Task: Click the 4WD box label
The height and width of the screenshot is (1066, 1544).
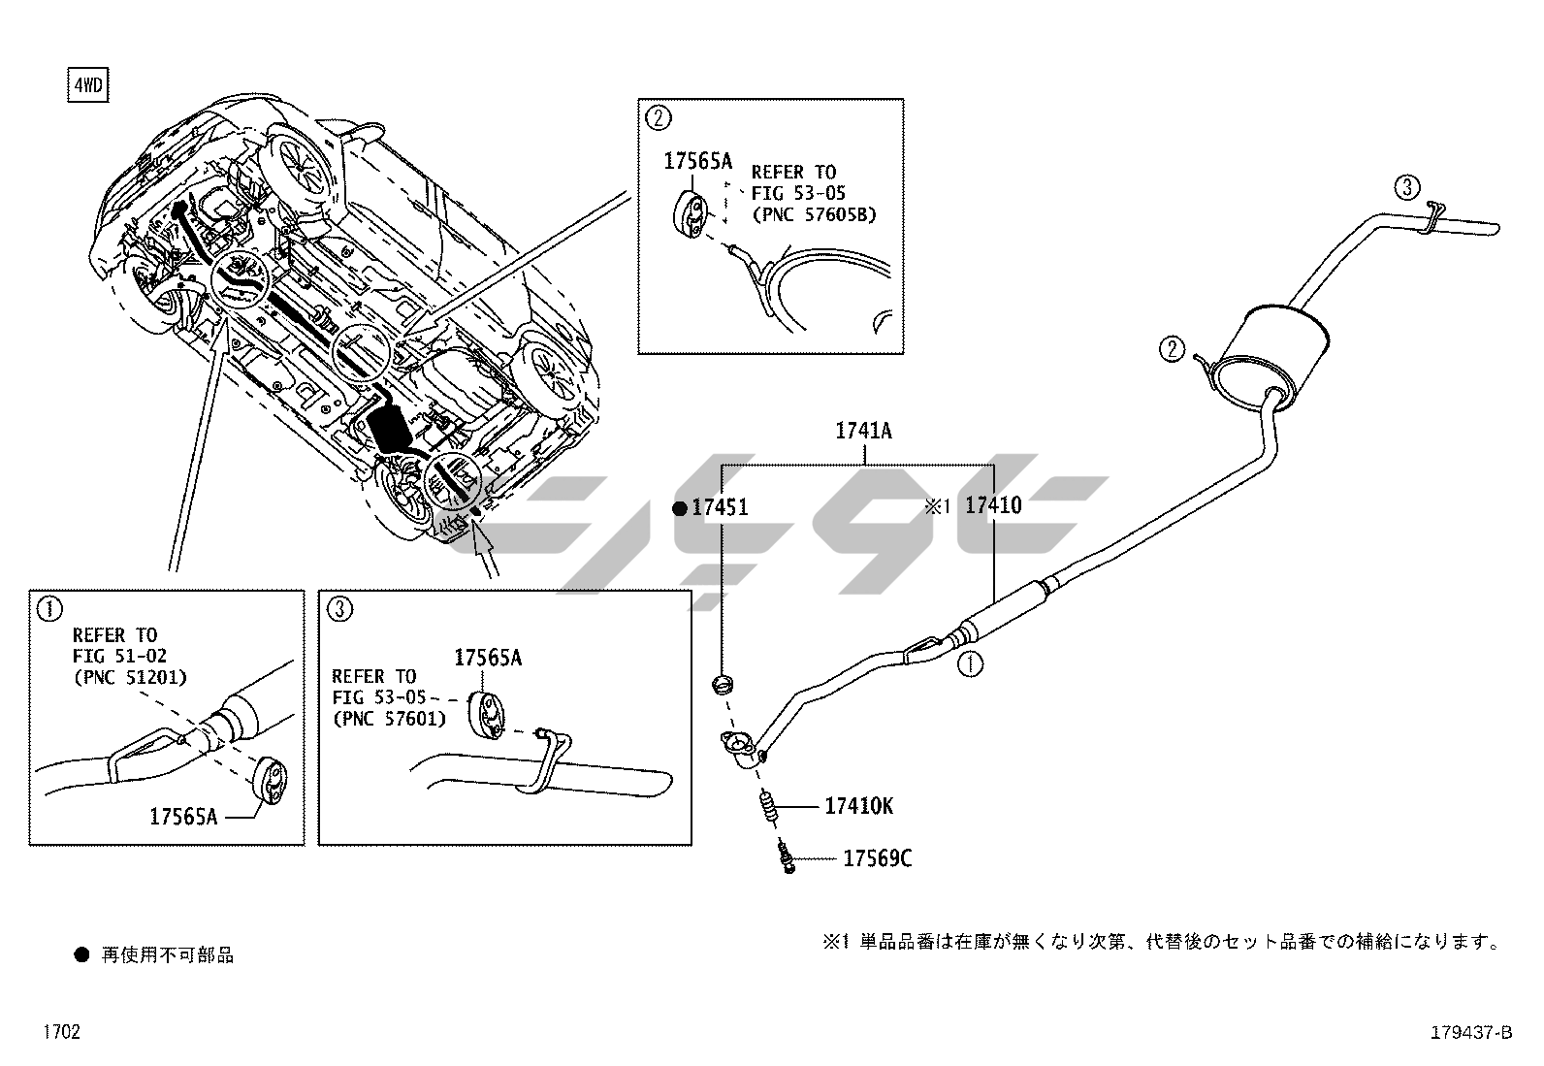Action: tap(87, 86)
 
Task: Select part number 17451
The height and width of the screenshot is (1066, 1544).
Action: tap(719, 507)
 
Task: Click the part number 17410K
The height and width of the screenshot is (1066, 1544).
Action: tap(858, 806)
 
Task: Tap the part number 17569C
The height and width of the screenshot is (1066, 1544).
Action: tap(877, 858)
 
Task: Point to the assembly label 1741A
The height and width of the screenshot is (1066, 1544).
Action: tap(863, 432)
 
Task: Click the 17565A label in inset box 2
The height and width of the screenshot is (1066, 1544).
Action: tap(697, 162)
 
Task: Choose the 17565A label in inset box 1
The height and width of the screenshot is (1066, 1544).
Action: tap(183, 817)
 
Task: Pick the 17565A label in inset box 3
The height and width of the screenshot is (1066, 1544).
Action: tap(488, 659)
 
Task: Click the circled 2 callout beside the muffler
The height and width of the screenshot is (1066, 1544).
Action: tap(1173, 348)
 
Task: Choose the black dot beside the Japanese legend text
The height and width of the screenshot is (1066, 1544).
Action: tap(81, 955)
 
